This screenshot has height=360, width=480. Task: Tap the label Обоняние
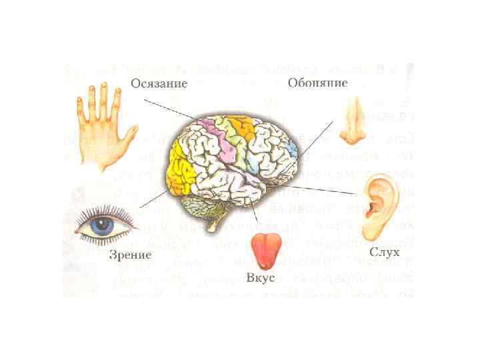317,83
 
